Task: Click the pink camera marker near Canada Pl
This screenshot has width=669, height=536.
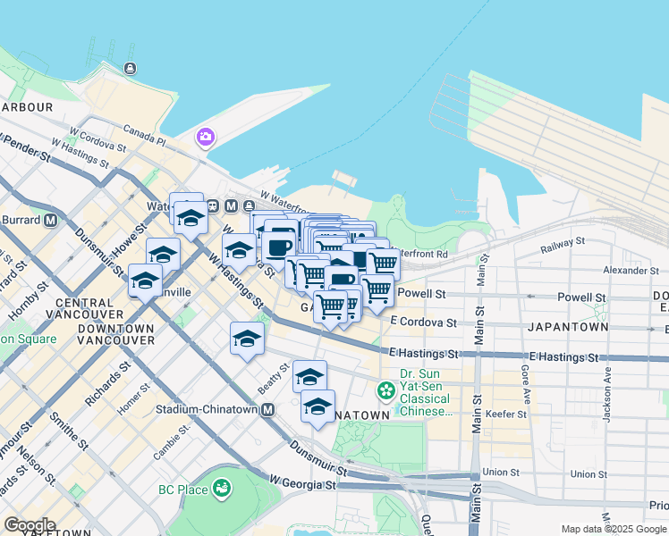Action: click(206, 137)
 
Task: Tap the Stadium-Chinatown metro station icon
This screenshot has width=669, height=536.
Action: click(267, 410)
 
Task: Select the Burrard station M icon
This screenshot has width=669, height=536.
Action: click(50, 219)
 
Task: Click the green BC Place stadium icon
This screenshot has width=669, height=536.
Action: click(221, 489)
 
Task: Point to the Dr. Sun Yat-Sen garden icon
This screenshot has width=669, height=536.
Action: click(386, 390)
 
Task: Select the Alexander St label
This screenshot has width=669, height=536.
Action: click(630, 270)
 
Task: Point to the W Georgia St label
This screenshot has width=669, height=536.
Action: click(302, 485)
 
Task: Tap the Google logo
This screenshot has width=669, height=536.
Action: click(30, 525)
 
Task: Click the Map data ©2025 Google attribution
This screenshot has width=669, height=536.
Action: click(614, 529)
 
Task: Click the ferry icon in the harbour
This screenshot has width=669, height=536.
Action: click(131, 68)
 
